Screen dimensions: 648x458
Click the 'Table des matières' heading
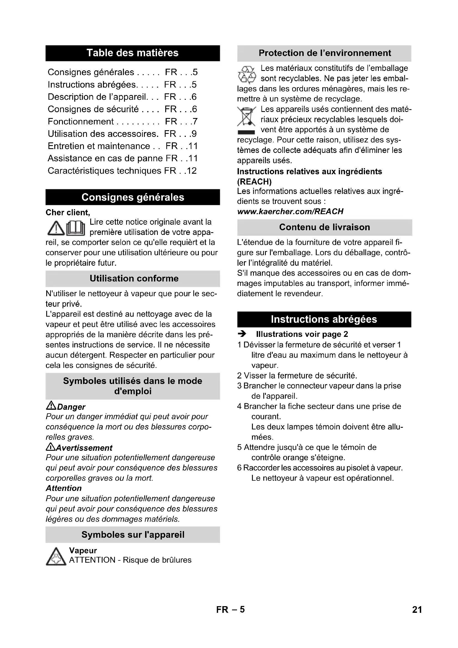(133, 53)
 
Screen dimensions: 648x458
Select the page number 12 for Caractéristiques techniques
(192, 171)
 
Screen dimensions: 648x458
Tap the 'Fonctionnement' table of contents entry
(81, 122)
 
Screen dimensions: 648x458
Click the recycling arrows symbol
(247, 75)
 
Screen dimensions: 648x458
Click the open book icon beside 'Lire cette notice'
(76, 228)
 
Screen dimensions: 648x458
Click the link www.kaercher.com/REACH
(290, 211)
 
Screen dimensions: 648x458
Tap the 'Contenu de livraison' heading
(324, 227)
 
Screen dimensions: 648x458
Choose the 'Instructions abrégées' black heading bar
(324, 319)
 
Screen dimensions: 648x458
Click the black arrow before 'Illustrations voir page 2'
(242, 334)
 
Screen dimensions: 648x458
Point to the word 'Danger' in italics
(71, 407)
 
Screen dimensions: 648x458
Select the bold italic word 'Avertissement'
(84, 448)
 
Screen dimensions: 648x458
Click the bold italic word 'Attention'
(64, 488)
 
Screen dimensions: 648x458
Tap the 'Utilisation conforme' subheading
(134, 278)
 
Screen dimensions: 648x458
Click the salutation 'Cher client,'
(68, 212)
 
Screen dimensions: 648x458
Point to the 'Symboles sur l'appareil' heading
(133, 534)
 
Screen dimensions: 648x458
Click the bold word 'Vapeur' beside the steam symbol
(83, 550)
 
